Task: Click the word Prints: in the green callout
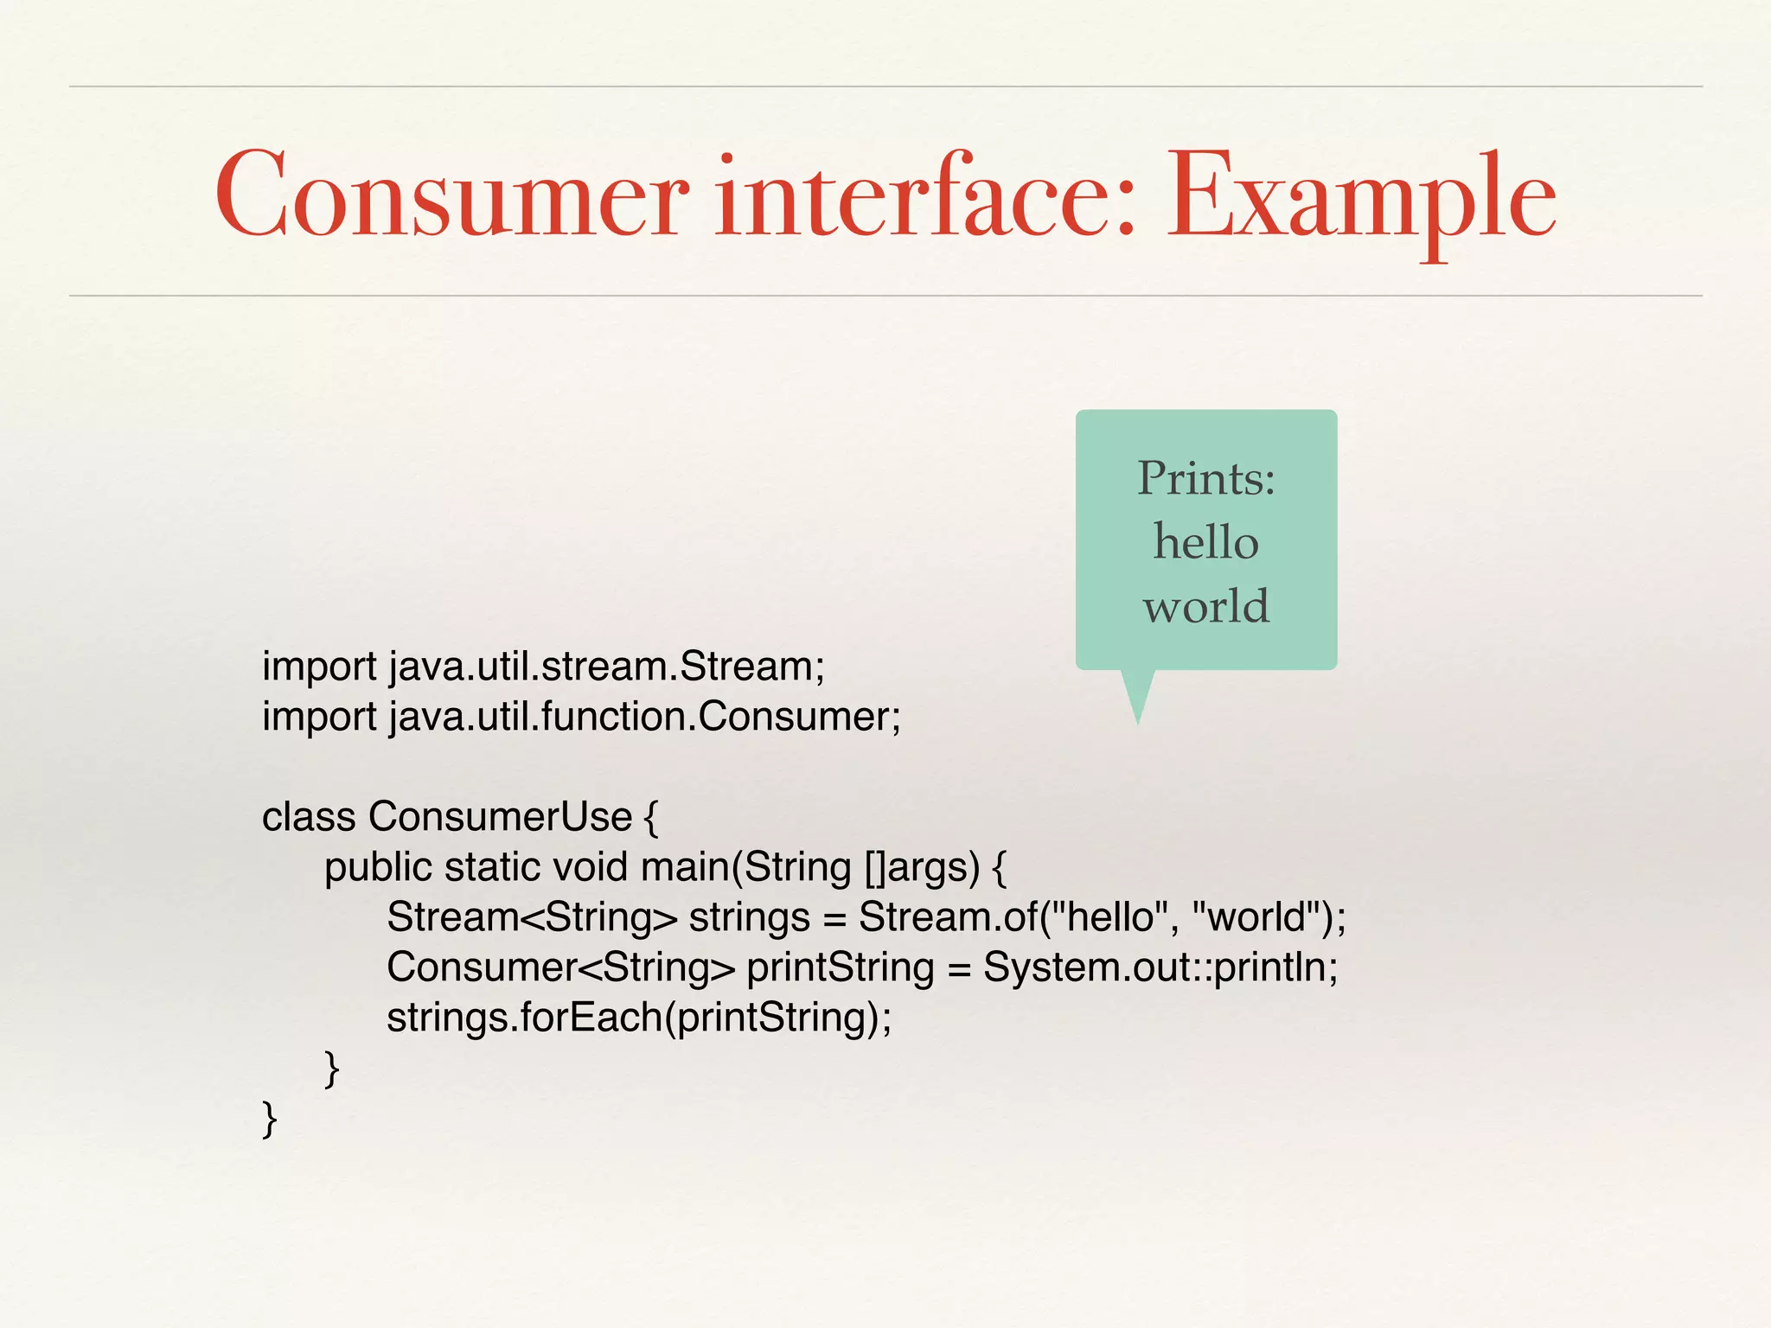[1205, 478]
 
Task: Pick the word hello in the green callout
[1205, 542]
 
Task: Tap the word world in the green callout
[1205, 605]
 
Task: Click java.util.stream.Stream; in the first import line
[606, 667]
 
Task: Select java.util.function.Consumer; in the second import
[644, 717]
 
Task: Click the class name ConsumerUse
[500, 817]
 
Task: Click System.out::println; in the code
[1160, 967]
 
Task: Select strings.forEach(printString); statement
[638, 1018]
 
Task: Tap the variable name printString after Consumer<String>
[840, 967]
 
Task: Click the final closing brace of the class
[269, 1119]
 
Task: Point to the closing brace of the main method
[331, 1069]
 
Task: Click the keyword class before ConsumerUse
[309, 817]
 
